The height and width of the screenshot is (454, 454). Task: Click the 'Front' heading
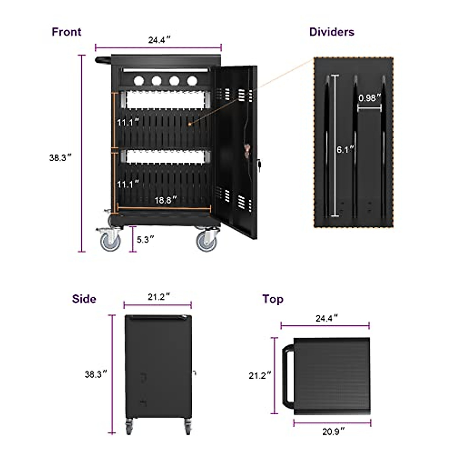click(66, 32)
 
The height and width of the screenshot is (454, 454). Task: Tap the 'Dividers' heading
click(331, 32)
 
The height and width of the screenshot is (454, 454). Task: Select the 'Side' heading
click(84, 299)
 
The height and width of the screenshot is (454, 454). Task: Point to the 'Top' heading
click(273, 299)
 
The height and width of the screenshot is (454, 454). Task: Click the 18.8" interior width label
click(166, 200)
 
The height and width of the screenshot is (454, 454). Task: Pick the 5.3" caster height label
click(145, 239)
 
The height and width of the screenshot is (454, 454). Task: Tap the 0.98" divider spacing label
click(369, 98)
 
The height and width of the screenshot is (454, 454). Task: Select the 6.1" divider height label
click(345, 149)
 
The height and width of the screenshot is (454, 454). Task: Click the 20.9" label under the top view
click(333, 431)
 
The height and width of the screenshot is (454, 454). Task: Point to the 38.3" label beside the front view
click(60, 158)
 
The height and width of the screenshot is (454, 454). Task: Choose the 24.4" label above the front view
click(159, 40)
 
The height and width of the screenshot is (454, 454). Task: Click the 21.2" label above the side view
click(159, 297)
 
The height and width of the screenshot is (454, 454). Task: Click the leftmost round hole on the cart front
click(138, 80)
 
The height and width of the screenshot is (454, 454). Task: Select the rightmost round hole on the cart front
click(192, 80)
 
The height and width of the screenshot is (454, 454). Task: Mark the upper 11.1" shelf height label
click(128, 123)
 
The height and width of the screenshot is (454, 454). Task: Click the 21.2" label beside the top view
click(260, 375)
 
